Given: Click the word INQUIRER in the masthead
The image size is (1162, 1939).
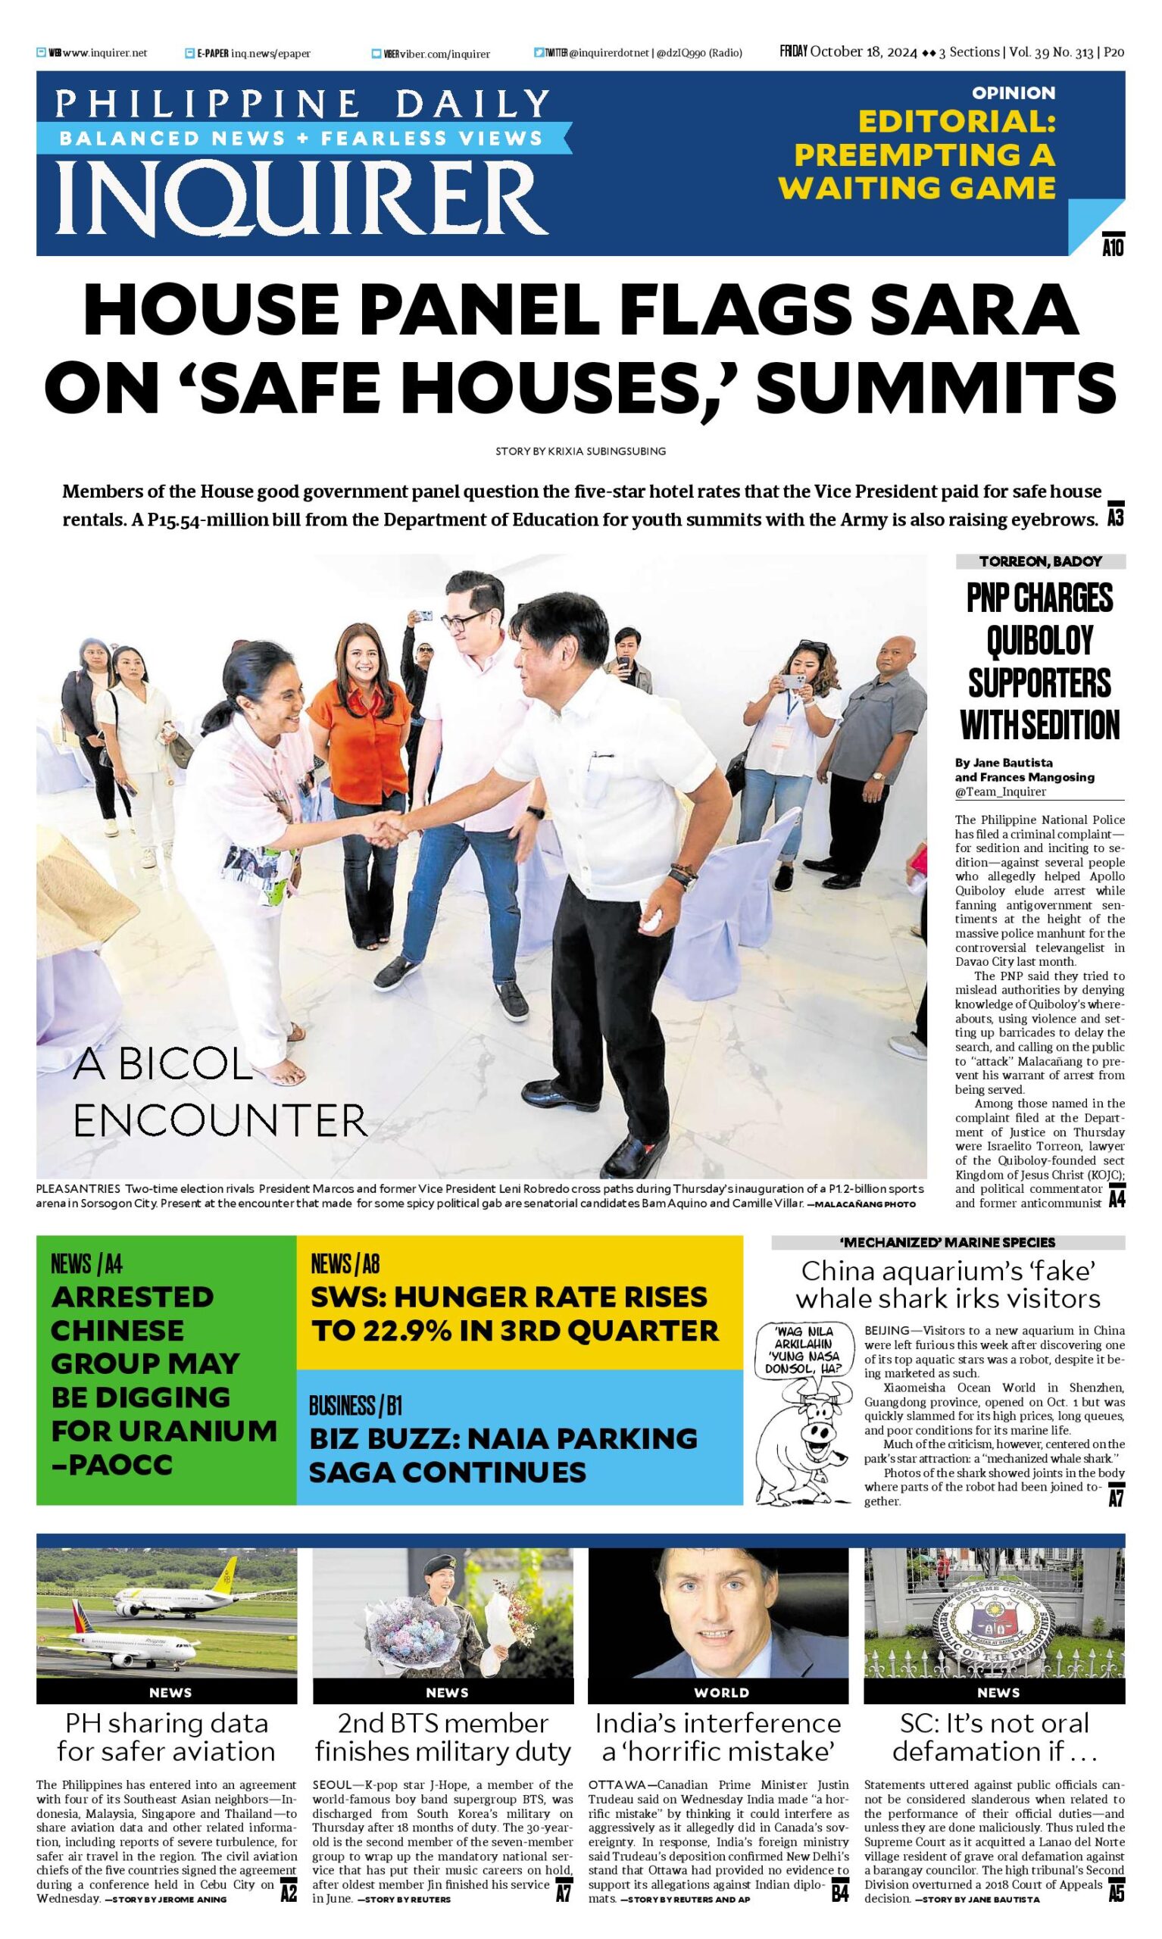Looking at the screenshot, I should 301,197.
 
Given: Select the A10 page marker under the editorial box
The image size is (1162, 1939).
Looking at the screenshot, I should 1113,247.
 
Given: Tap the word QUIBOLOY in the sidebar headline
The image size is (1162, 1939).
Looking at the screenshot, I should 1039,641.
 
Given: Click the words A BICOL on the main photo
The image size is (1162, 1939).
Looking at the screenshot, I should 163,1066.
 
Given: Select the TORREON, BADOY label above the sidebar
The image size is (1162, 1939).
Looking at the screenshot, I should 1040,561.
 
